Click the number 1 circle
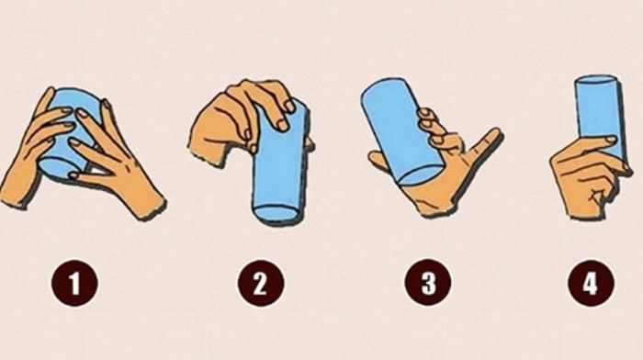(x=74, y=283)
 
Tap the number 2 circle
(x=261, y=283)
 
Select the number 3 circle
(x=428, y=283)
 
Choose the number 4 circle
(x=591, y=283)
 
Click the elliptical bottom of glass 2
(x=275, y=213)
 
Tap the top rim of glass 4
(x=597, y=80)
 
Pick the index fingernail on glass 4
(x=611, y=140)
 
